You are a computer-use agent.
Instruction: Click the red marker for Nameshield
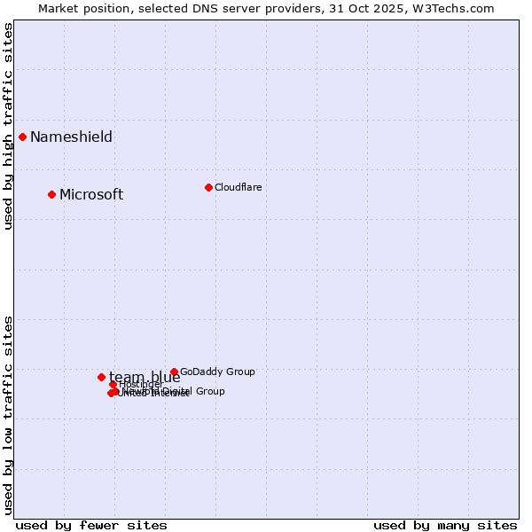point(22,137)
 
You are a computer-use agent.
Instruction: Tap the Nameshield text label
point(71,137)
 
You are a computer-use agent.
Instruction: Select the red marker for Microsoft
point(51,194)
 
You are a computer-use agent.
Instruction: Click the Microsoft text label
point(91,195)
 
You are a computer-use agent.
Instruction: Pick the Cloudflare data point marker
point(208,187)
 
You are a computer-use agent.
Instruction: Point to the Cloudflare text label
point(238,187)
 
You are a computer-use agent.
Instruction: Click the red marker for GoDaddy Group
point(174,372)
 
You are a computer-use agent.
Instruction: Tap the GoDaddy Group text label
point(217,372)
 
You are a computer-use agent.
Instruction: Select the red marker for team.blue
point(101,377)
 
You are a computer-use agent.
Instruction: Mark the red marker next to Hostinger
point(113,384)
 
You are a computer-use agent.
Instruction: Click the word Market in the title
point(59,8)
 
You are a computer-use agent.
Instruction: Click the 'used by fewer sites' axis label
point(91,525)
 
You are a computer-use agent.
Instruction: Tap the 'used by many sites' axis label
point(445,525)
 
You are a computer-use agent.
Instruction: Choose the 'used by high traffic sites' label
point(8,126)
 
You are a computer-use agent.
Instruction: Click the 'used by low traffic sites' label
point(8,414)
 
